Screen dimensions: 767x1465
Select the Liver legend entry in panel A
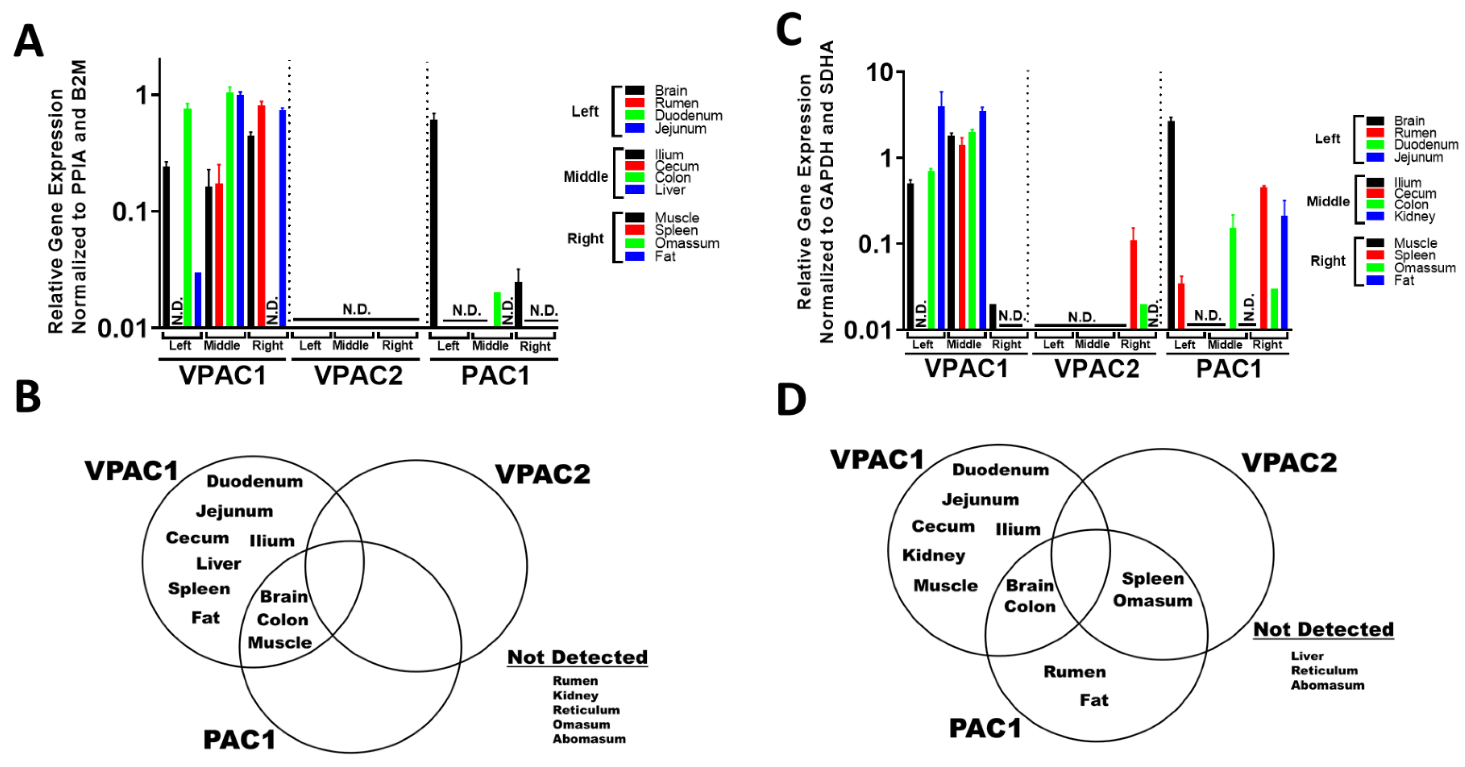click(669, 190)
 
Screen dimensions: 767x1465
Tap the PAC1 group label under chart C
click(1228, 369)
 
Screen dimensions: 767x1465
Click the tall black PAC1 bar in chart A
click(434, 222)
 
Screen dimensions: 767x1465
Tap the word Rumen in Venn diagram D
click(1074, 672)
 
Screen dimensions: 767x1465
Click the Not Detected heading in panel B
click(577, 657)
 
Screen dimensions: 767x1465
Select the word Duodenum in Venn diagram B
click(254, 482)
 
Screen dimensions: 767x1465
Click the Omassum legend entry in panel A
click(686, 243)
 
